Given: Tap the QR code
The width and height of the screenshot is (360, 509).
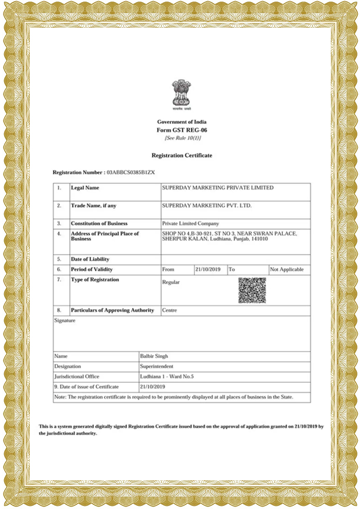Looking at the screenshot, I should pos(252,290).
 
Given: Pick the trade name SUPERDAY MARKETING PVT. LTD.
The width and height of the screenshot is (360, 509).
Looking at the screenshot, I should pos(207,206).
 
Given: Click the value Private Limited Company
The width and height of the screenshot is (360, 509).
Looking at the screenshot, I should pos(191,223).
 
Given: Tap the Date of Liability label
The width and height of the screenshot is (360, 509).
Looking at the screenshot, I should pos(90,259).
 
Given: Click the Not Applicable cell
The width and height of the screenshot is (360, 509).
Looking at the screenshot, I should pos(286,270).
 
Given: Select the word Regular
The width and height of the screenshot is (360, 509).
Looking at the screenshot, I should pos(171,282).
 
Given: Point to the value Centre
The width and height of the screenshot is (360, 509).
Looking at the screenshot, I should pos(170,310).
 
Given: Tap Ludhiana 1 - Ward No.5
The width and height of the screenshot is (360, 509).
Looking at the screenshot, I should pos(167,376).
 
